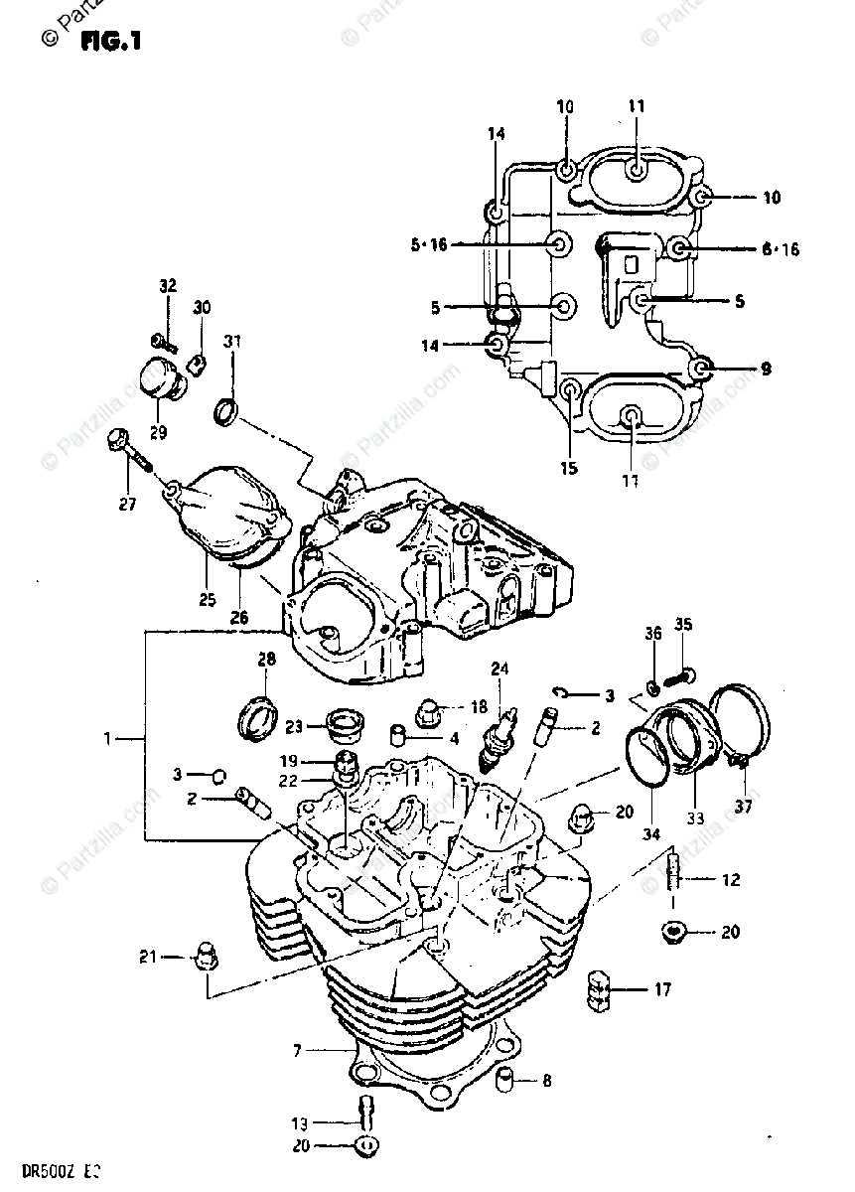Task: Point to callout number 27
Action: (x=127, y=503)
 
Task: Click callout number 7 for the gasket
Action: (x=297, y=1050)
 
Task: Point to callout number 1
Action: (x=109, y=738)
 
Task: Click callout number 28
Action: (x=266, y=660)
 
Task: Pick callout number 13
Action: (x=299, y=1123)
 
